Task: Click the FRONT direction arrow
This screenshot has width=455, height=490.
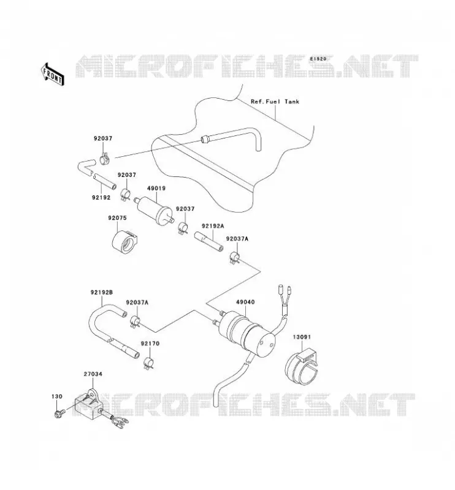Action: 53,74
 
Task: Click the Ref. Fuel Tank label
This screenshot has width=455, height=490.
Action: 275,102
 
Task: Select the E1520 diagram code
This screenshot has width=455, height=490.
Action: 318,59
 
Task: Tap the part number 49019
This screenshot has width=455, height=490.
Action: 156,189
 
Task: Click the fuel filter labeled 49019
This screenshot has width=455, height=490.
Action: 154,209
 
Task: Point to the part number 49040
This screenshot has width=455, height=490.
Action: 245,302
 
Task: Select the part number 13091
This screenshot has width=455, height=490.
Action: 302,337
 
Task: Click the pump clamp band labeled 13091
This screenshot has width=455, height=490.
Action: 301,367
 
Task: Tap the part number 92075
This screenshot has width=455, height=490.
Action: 117,218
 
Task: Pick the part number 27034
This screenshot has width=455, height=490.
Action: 93,374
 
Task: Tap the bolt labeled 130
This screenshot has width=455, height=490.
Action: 58,413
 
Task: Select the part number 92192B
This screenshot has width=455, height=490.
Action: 102,293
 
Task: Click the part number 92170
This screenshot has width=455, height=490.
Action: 150,344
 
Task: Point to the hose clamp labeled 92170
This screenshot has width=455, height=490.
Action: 148,363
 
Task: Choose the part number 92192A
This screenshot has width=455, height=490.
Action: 213,226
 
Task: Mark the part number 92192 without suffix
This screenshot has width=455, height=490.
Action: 101,197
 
